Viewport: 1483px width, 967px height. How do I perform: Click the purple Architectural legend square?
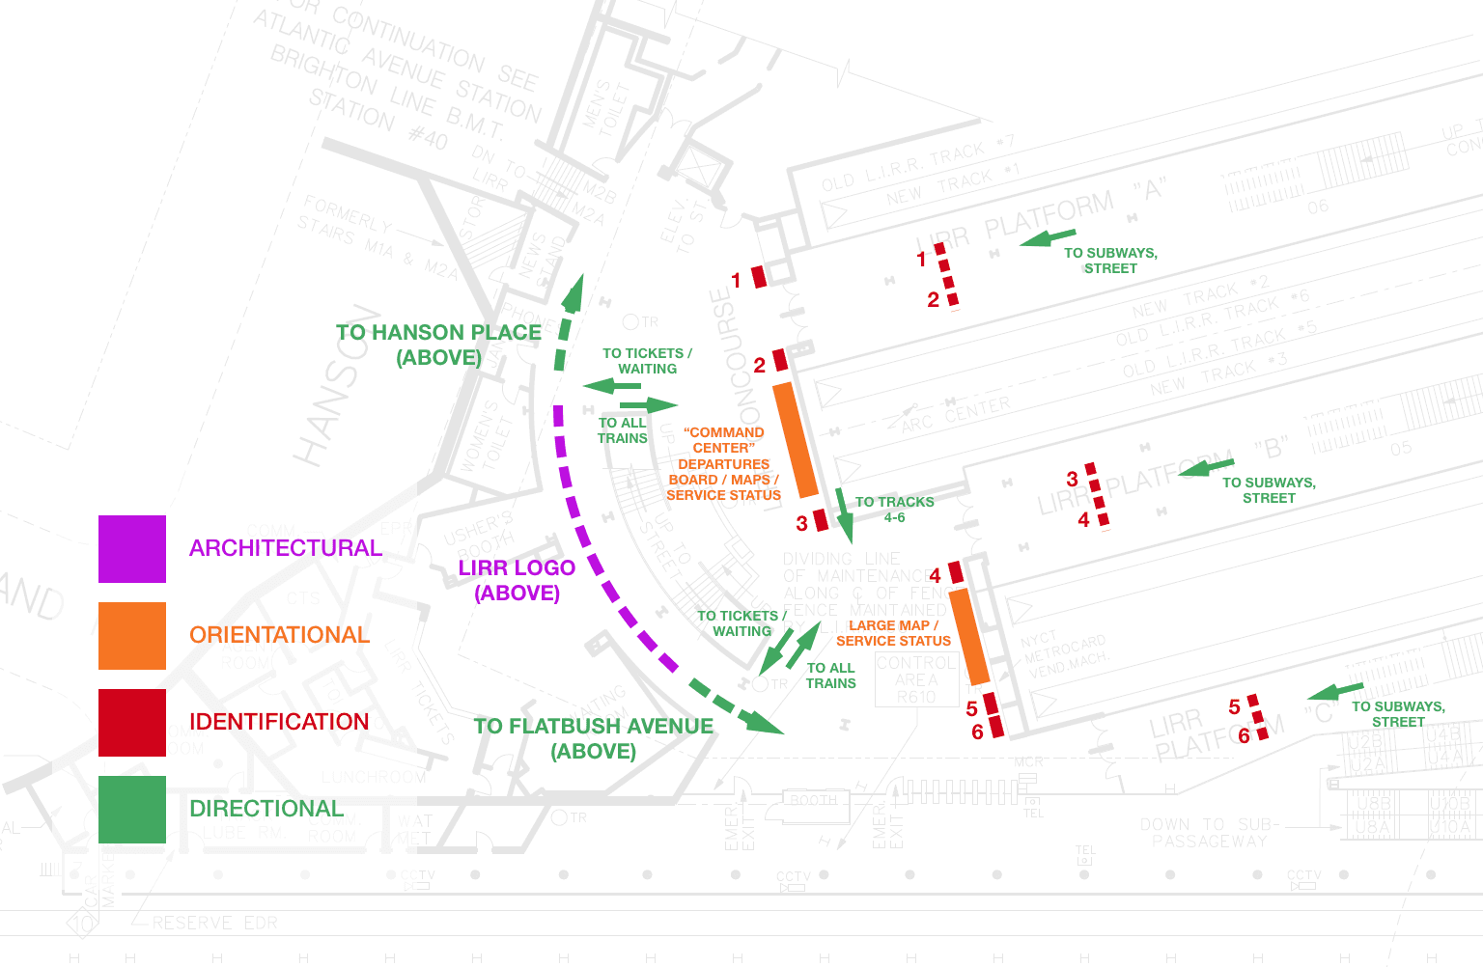pyautogui.click(x=132, y=549)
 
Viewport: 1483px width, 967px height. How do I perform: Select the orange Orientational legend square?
pyautogui.click(x=132, y=636)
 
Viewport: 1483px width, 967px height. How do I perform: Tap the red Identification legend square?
pyautogui.click(x=132, y=723)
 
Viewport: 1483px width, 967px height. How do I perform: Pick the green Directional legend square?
pyautogui.click(x=132, y=810)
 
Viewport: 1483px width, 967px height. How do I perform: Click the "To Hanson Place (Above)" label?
pyautogui.click(x=438, y=345)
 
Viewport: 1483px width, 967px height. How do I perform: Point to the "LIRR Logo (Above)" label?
pyautogui.click(x=517, y=580)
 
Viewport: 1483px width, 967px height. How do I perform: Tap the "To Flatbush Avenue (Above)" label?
pyautogui.click(x=593, y=738)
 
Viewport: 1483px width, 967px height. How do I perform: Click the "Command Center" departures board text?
pyautogui.click(x=723, y=463)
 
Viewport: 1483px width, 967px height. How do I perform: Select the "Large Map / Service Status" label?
pyautogui.click(x=893, y=633)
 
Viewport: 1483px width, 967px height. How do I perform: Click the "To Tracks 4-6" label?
pyautogui.click(x=894, y=510)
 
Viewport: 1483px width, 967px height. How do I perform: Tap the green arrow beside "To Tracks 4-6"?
pyautogui.click(x=844, y=516)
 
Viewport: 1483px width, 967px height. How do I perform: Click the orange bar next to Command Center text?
pyautogui.click(x=797, y=439)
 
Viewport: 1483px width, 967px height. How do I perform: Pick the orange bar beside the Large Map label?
pyautogui.click(x=969, y=637)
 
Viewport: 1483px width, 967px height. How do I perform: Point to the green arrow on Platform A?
pyautogui.click(x=1048, y=236)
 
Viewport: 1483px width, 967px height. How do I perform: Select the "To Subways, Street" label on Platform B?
pyautogui.click(x=1269, y=490)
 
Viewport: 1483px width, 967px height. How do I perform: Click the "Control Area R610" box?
pyautogui.click(x=915, y=680)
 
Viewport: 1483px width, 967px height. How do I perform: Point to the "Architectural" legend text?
pyautogui.click(x=286, y=548)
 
